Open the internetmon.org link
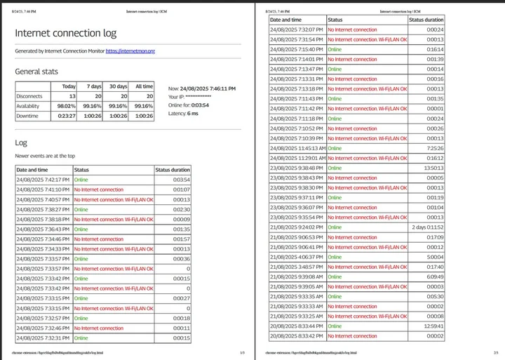click(x=130, y=51)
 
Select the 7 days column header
click(x=93, y=86)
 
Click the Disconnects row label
click(x=29, y=96)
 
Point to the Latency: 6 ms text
click(x=184, y=114)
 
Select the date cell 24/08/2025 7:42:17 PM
click(x=43, y=180)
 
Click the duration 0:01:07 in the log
click(x=181, y=189)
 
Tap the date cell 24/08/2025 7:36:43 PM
click(x=43, y=229)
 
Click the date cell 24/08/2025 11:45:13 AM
click(x=298, y=149)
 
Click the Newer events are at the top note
click(x=45, y=155)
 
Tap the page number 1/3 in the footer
click(x=242, y=352)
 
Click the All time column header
click(x=144, y=86)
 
